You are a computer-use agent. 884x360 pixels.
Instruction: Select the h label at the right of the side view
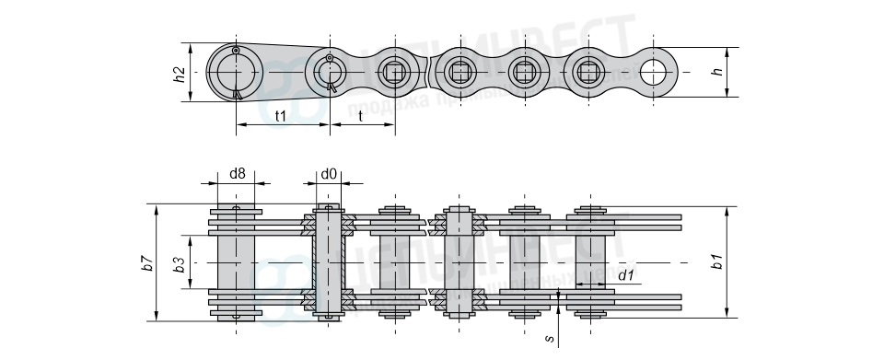click(718, 72)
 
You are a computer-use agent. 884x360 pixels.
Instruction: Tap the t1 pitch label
click(282, 115)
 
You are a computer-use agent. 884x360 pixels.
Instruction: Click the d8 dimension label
click(237, 173)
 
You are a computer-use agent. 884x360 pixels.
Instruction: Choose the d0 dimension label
click(329, 173)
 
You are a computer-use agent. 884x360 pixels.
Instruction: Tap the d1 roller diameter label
click(625, 275)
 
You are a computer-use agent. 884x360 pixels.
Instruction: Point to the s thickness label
click(550, 339)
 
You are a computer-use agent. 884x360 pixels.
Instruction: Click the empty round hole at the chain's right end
click(657, 72)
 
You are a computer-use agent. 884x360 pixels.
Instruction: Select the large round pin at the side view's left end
click(235, 72)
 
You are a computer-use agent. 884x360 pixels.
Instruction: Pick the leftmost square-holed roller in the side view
click(395, 72)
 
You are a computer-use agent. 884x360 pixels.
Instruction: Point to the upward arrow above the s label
click(558, 305)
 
